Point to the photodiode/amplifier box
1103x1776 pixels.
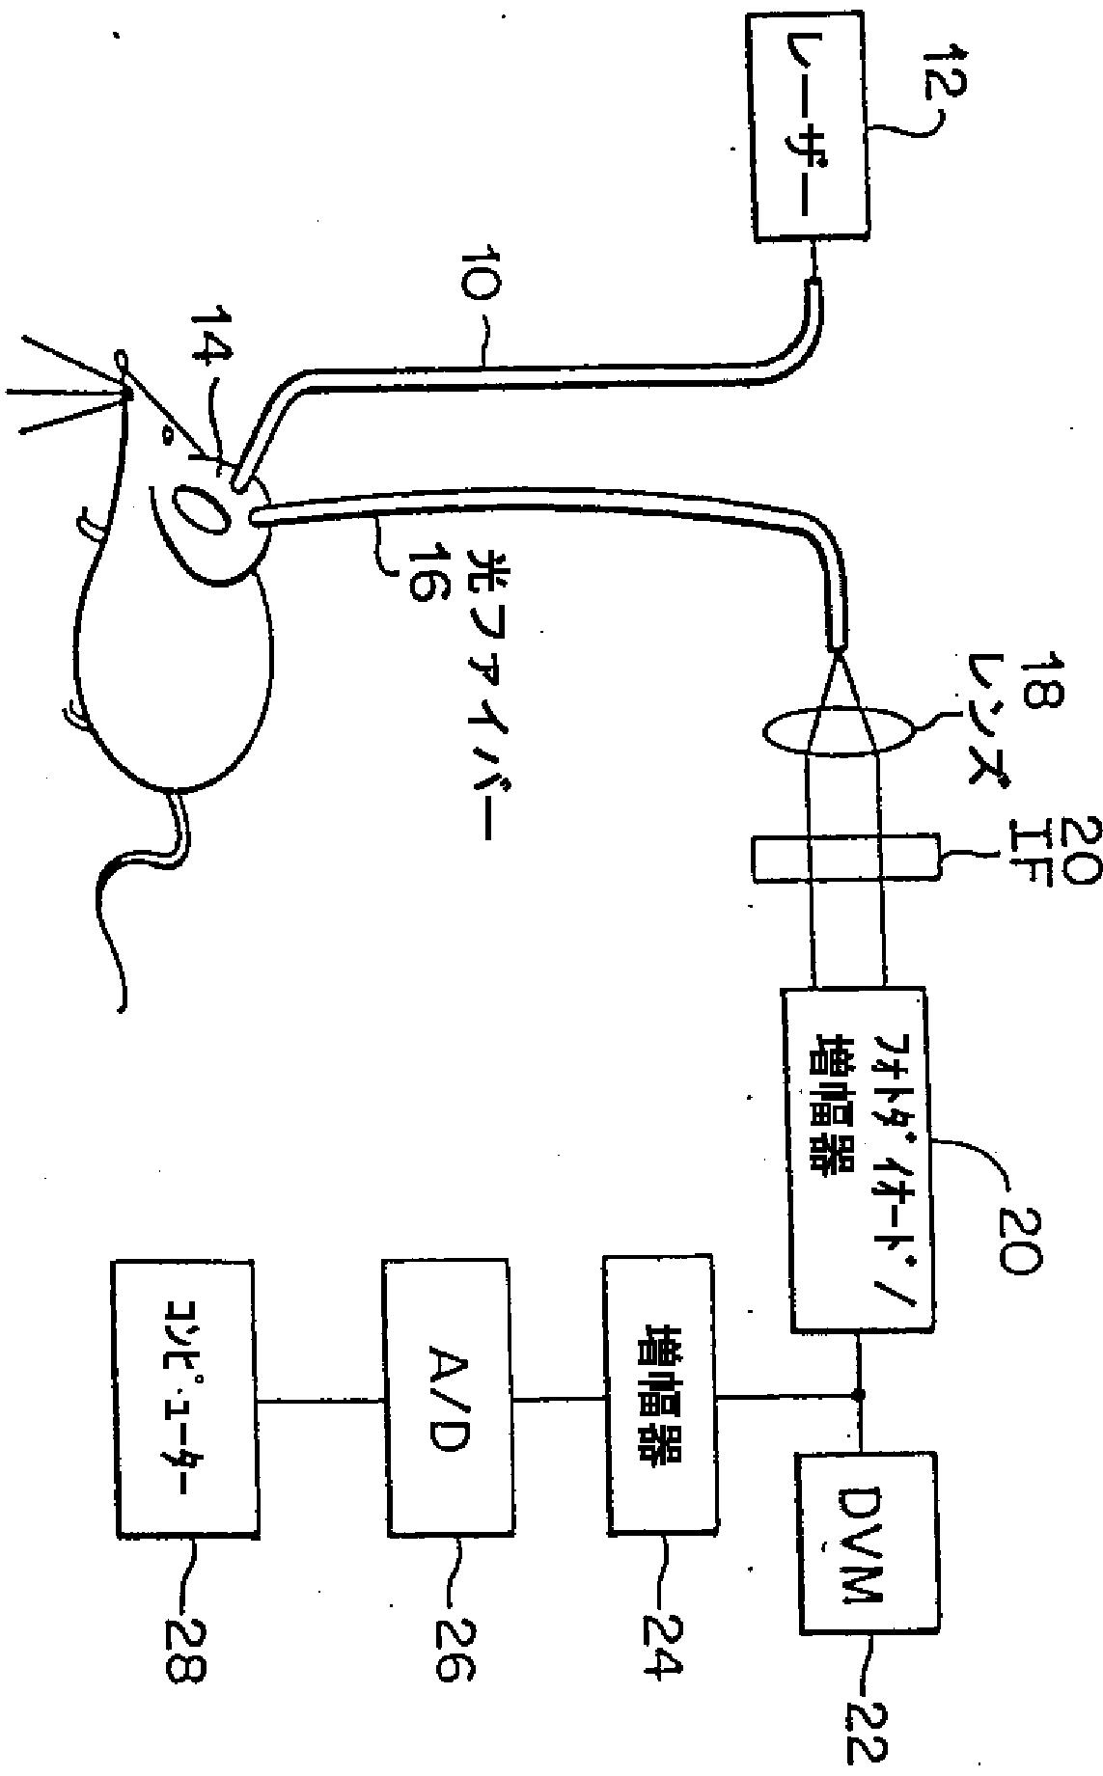(854, 1163)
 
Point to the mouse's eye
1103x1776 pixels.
(166, 436)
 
